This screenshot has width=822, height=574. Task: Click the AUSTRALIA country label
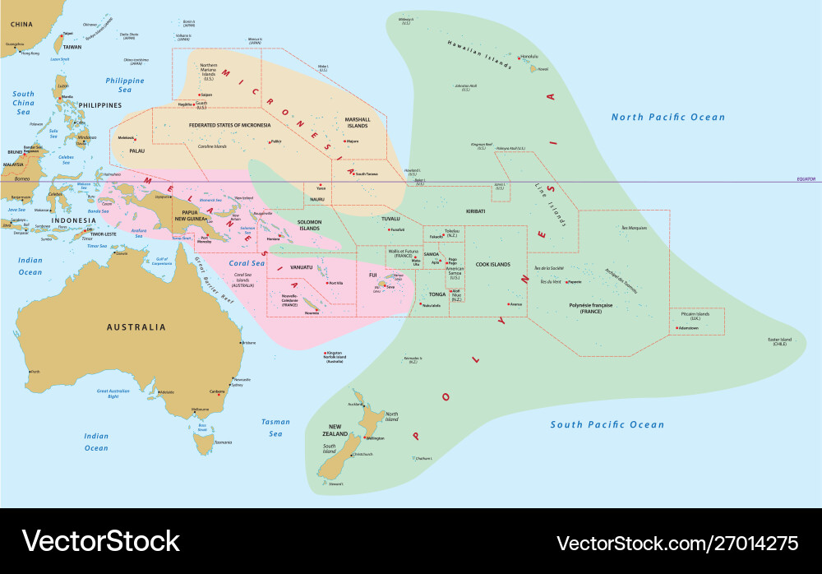[136, 327]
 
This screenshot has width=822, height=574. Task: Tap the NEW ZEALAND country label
[335, 429]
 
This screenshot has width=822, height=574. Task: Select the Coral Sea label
[247, 263]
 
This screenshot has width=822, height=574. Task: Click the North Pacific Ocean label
[668, 118]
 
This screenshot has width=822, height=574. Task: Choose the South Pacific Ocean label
[607, 425]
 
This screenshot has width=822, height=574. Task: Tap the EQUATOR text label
[805, 178]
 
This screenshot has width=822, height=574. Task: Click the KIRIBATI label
[475, 211]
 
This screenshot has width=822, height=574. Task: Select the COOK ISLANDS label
[493, 265]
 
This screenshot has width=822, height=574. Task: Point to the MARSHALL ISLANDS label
[358, 123]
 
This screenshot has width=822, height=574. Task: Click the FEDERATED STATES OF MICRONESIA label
[229, 125]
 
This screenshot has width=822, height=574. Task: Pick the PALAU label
[136, 151]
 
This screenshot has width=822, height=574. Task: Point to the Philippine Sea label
[125, 86]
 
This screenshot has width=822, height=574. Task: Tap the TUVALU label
[390, 219]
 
